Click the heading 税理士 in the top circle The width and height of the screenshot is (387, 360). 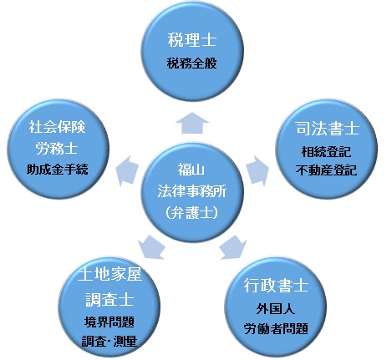192,40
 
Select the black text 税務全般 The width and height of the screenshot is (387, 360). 191,63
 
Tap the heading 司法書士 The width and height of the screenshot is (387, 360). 328,129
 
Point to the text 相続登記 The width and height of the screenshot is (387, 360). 326,152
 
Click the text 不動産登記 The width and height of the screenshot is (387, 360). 326,170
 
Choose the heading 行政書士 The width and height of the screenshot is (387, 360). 276,285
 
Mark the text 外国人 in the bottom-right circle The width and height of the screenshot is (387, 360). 276,309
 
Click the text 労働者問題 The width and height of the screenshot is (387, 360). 276,328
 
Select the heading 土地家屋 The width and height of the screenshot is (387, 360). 109,274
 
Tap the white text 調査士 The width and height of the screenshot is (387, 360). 109,300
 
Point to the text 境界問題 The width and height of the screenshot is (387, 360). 109,322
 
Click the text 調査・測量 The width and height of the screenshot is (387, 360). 109,341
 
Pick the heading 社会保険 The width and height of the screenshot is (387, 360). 57,127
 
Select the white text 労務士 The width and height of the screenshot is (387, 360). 57,149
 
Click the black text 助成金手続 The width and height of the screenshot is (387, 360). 58,169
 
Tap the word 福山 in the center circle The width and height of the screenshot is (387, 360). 191,170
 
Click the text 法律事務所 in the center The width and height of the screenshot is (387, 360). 191,191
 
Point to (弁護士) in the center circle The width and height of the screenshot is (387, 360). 191,213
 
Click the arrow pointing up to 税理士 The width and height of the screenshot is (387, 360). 192,123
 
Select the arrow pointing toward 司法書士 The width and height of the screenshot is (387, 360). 257,170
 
